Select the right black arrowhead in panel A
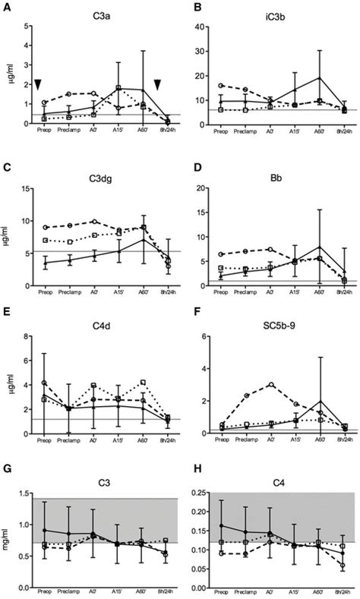[158, 85]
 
